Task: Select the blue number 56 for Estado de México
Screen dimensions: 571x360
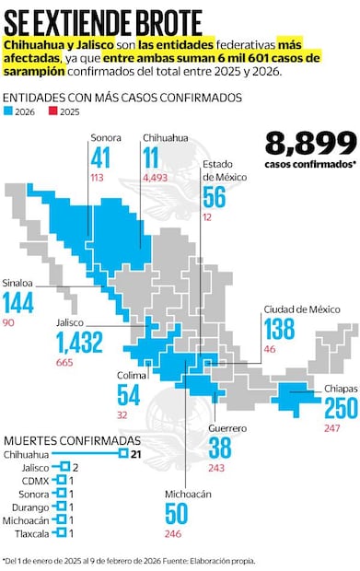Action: pos(215,196)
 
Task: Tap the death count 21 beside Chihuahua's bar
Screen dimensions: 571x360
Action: pos(135,454)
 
